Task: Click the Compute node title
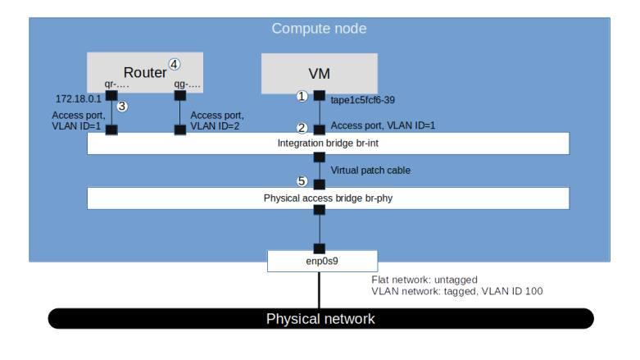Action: [x=319, y=29]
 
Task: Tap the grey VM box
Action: [x=319, y=74]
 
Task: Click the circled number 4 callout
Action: [x=174, y=63]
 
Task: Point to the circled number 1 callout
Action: [x=302, y=96]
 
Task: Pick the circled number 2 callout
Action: [x=302, y=128]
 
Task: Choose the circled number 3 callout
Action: [x=122, y=107]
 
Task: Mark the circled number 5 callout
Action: [x=302, y=181]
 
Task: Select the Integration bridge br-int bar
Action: [x=328, y=144]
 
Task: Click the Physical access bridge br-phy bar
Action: [x=328, y=198]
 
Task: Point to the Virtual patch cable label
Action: [x=370, y=171]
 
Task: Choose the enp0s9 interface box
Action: [x=321, y=262]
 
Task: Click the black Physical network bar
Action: [x=320, y=318]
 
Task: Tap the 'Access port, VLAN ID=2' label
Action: [x=217, y=121]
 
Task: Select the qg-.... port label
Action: [x=188, y=84]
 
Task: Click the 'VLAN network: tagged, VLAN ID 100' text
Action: [x=456, y=291]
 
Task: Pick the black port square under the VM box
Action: [x=320, y=96]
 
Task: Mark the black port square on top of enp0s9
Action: [x=320, y=248]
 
